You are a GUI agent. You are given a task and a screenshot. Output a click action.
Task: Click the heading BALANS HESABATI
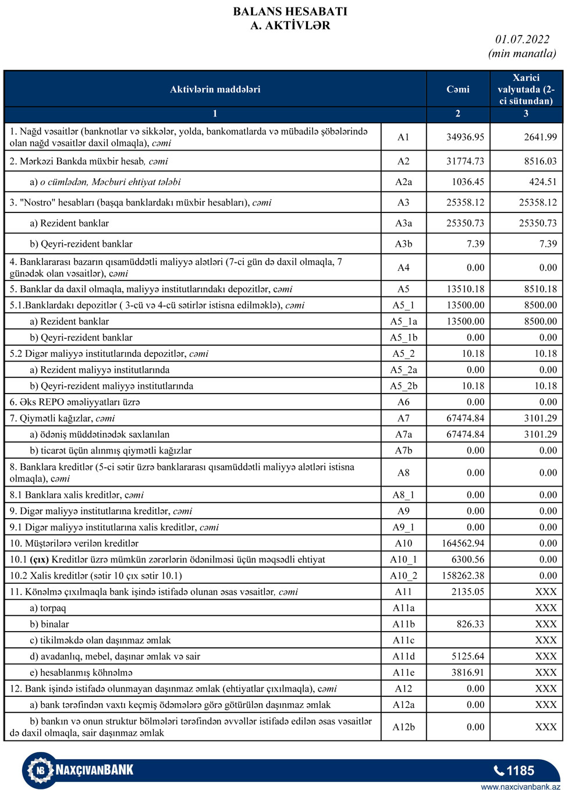[290, 12]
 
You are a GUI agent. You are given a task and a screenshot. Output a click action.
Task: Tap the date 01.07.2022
[522, 40]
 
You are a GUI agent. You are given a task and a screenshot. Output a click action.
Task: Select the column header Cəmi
[457, 89]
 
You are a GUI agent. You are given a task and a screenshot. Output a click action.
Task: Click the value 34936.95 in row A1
[465, 137]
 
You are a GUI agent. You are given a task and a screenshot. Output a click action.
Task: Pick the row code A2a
[403, 182]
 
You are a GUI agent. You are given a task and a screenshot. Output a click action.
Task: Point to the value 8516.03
[540, 161]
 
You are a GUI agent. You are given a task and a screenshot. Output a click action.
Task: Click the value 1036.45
[467, 182]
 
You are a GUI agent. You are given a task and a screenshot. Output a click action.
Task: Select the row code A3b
[403, 244]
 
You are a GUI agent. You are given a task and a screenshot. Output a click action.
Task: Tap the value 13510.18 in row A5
[465, 289]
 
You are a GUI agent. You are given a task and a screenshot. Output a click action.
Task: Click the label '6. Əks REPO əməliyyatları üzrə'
[74, 402]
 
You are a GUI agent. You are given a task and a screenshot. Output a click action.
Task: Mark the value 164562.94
[463, 544]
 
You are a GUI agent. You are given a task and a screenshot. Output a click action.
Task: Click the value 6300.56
[467, 560]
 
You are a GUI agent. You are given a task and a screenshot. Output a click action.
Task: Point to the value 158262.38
[463, 576]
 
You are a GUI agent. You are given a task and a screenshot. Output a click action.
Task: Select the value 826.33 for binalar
[470, 624]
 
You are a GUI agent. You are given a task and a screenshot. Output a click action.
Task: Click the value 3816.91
[467, 672]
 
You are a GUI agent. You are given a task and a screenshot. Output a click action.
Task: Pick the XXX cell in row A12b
[545, 727]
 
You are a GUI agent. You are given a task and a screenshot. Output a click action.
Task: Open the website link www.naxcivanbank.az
[520, 787]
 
